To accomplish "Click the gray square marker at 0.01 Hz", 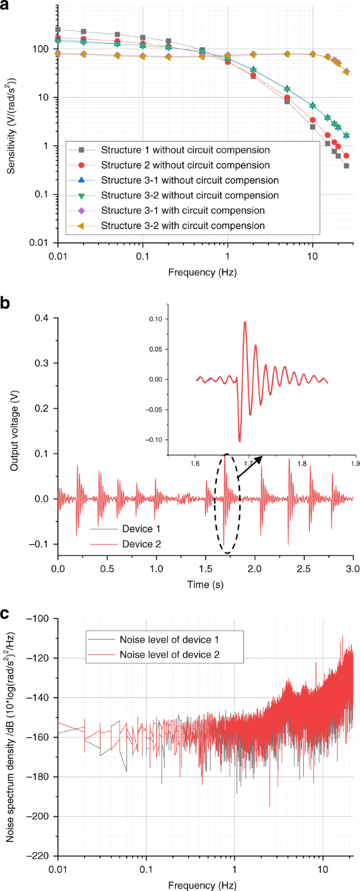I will [58, 30].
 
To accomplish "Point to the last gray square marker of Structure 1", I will [346, 166].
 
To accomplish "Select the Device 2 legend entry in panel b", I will [141, 544].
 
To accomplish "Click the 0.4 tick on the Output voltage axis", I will [41, 318].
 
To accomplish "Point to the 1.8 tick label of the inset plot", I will [302, 464].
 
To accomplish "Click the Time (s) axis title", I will [205, 584].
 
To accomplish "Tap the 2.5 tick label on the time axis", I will [304, 568].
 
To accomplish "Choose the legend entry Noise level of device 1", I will [169, 640].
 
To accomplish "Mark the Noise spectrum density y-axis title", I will [11, 736].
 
